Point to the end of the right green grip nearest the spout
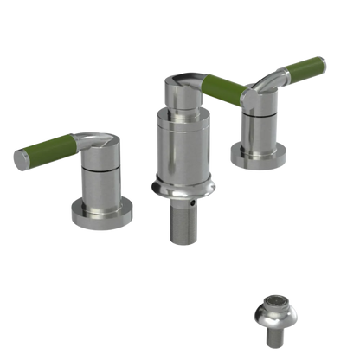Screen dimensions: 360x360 [204, 86]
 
